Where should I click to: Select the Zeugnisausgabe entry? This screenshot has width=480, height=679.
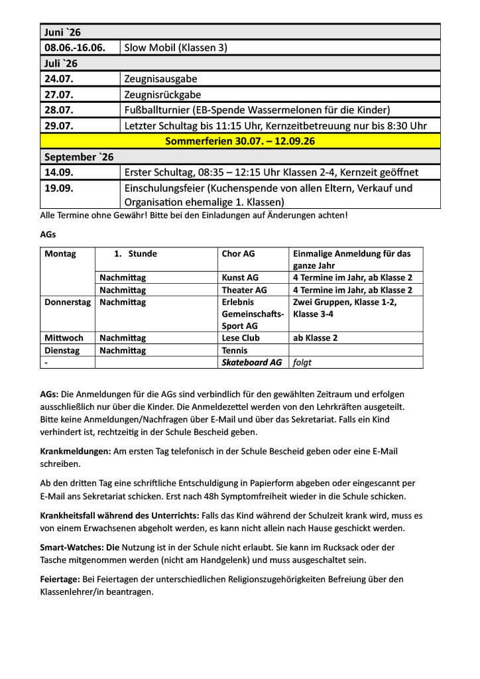[x=160, y=79]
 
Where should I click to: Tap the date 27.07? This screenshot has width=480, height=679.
[x=59, y=94]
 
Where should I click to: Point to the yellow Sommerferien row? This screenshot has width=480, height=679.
[x=240, y=141]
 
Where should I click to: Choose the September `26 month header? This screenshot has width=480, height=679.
[x=79, y=156]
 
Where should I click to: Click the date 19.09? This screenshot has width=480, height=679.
[x=59, y=188]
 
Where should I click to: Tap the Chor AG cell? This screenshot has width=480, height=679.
[x=239, y=253]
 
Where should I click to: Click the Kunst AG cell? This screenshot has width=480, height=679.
[x=240, y=278]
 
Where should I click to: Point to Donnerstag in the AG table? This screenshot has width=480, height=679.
[x=67, y=302]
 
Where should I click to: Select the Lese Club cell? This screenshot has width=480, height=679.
[x=241, y=338]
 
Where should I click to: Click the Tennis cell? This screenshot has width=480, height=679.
[x=235, y=350]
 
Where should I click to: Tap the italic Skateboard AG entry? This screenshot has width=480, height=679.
[x=252, y=362]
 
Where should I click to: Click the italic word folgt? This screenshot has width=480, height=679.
[x=302, y=362]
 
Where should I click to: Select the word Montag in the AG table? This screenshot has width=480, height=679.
[x=60, y=253]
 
